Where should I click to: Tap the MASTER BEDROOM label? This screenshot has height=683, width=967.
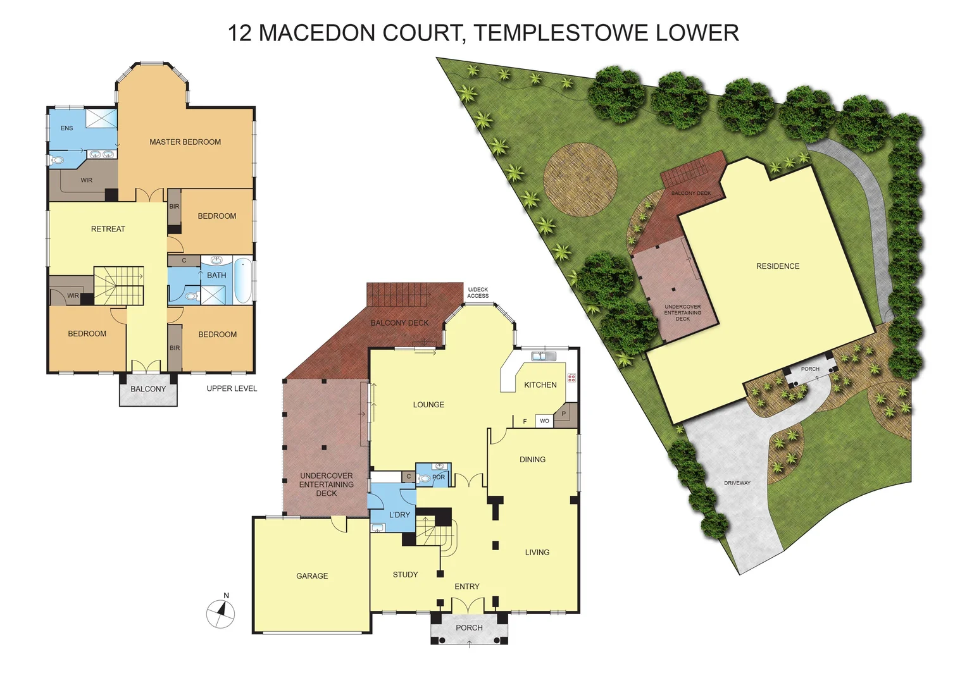pos(185,142)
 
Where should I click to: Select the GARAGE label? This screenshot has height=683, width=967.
pos(312,576)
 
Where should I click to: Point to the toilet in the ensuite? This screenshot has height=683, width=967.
pos(57,160)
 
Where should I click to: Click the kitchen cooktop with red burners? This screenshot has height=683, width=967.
pos(571,378)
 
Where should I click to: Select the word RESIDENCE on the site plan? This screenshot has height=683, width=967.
pos(778,266)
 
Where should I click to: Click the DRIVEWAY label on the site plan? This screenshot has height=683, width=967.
pos(737,483)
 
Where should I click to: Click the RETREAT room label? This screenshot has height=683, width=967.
pos(108,229)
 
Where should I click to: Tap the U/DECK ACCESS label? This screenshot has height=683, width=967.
pos(478,293)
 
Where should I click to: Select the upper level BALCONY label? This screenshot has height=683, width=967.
pos(148,389)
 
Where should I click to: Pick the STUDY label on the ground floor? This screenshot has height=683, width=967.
pos(405,575)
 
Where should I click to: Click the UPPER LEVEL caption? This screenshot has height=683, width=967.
pos(232,388)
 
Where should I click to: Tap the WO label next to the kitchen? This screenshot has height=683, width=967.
pos(544,421)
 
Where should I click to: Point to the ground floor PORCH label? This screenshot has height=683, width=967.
pos(469,628)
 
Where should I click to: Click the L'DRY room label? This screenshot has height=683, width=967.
pos(399,515)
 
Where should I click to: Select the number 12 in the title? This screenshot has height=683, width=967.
pos(240,33)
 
